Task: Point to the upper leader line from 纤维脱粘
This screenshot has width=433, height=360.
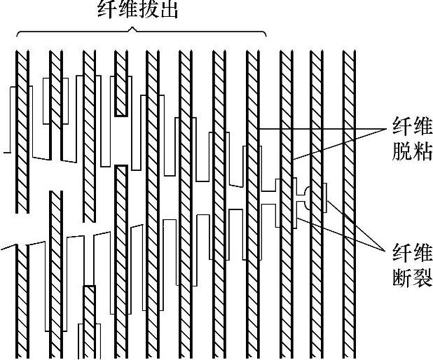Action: [x=322, y=129]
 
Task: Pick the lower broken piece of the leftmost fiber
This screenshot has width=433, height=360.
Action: [x=22, y=301]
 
